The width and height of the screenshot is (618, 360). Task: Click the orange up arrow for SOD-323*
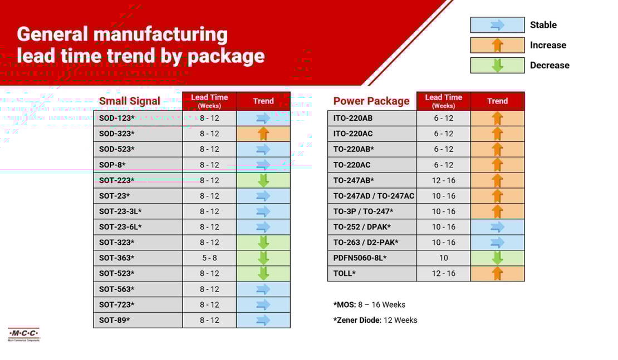click(263, 134)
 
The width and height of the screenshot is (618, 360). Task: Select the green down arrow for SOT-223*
click(263, 180)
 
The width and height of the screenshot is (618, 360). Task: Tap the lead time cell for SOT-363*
click(209, 258)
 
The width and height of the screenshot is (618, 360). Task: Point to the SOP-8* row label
click(112, 165)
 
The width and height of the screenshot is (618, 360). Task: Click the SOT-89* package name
click(115, 320)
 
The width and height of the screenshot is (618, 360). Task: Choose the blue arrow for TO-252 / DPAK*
click(497, 226)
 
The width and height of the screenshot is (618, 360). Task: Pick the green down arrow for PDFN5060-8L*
click(497, 258)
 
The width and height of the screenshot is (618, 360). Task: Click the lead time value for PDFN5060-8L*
click(443, 258)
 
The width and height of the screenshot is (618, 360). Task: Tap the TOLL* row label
click(345, 273)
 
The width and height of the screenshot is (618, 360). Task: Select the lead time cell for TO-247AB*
click(443, 180)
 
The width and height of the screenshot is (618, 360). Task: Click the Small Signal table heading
click(130, 101)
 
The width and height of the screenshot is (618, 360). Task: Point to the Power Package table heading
click(371, 101)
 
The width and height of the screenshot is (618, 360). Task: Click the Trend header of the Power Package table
click(497, 101)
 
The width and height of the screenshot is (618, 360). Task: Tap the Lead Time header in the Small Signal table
click(209, 101)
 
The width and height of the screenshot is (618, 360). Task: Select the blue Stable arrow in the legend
click(497, 25)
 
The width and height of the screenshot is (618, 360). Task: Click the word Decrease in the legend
click(550, 65)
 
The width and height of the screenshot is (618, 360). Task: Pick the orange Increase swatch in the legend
click(497, 45)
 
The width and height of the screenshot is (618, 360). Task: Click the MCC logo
click(24, 334)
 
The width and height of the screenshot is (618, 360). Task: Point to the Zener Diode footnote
click(375, 320)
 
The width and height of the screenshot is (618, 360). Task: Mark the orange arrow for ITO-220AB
click(497, 118)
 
